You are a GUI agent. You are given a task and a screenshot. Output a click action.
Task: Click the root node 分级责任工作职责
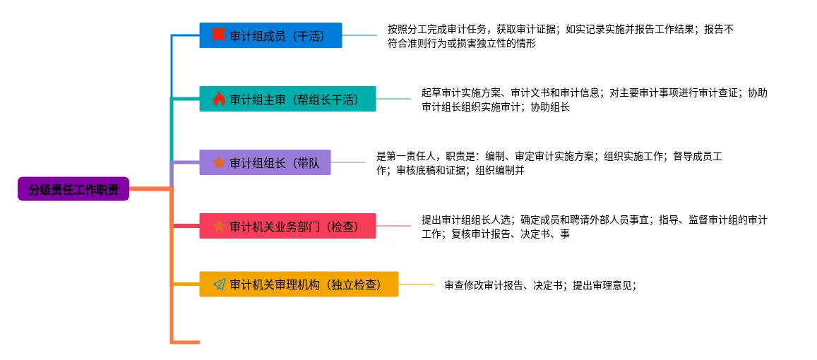click(x=73, y=189)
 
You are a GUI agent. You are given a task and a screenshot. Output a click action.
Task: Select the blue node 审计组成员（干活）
click(x=270, y=35)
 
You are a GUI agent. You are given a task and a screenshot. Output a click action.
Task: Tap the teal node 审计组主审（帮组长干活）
click(x=287, y=99)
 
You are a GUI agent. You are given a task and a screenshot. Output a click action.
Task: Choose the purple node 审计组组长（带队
click(x=265, y=162)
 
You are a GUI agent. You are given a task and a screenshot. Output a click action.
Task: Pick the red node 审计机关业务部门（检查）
click(x=287, y=226)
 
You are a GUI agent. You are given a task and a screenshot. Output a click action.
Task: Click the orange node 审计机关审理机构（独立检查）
click(x=299, y=284)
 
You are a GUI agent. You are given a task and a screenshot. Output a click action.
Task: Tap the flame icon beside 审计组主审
click(x=218, y=99)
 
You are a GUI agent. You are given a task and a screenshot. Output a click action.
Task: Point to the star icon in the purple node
click(x=219, y=162)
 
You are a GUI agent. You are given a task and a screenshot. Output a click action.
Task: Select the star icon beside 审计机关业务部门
click(x=219, y=226)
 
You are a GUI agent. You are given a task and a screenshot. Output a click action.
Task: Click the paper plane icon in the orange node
click(x=219, y=284)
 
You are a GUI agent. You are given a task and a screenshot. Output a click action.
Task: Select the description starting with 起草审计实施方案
click(x=594, y=100)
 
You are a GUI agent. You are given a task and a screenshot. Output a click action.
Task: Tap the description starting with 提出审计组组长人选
click(x=594, y=227)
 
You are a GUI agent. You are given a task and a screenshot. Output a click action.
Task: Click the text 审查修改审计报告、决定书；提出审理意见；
click(x=540, y=285)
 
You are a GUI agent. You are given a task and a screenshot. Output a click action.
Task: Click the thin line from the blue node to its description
click(x=359, y=35)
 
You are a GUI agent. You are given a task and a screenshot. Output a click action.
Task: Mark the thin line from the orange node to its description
click(x=416, y=284)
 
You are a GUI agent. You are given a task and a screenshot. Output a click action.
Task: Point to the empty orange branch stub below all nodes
click(x=185, y=342)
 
